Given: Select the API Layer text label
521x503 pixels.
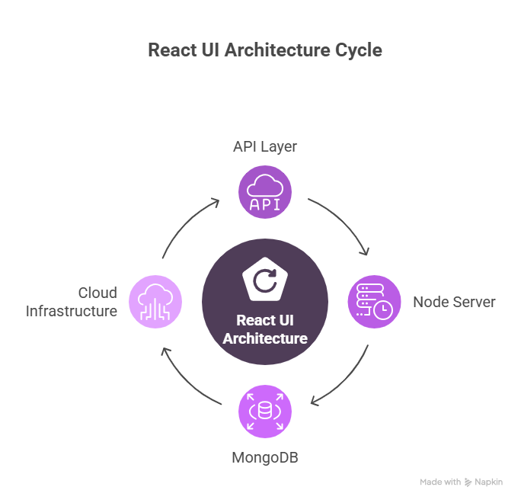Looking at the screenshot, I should pos(265,146).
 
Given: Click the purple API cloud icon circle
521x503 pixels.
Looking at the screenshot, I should pos(265,194).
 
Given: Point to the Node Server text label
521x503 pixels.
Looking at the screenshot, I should pos(454,302).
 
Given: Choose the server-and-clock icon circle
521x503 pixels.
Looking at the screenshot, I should pos(375,302).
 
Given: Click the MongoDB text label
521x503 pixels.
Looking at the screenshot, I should pos(265,459).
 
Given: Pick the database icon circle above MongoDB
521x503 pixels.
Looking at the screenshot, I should pos(265,412).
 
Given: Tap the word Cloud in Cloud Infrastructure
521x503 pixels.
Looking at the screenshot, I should pos(97,293).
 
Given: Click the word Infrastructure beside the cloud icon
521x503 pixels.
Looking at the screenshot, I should pos(72,311).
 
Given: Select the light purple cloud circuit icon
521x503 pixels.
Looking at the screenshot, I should pos(155,302).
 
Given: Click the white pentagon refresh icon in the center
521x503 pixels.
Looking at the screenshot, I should pos(265,280).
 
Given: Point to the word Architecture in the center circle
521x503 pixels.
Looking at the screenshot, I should pos(265,338).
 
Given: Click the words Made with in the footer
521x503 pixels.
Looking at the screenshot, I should pos(440,482).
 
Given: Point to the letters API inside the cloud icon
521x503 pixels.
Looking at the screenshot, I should pos(265,203).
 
